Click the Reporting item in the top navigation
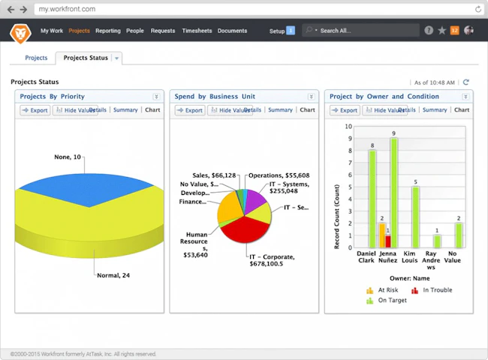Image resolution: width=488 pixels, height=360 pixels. [x=108, y=31]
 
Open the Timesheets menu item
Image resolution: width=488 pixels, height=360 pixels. [x=197, y=31]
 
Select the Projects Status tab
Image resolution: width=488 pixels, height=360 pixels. [x=85, y=58]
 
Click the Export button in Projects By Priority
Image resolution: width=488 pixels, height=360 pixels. [x=35, y=110]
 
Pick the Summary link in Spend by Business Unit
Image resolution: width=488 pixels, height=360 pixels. [x=280, y=110]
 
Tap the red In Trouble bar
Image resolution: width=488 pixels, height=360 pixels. [x=388, y=241]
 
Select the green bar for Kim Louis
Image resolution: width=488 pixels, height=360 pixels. [x=415, y=217]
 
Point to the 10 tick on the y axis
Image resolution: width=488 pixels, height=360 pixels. [x=348, y=127]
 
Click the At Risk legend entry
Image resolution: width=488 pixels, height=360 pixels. [x=383, y=290]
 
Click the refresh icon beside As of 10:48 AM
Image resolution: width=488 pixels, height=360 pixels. [x=466, y=82]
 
